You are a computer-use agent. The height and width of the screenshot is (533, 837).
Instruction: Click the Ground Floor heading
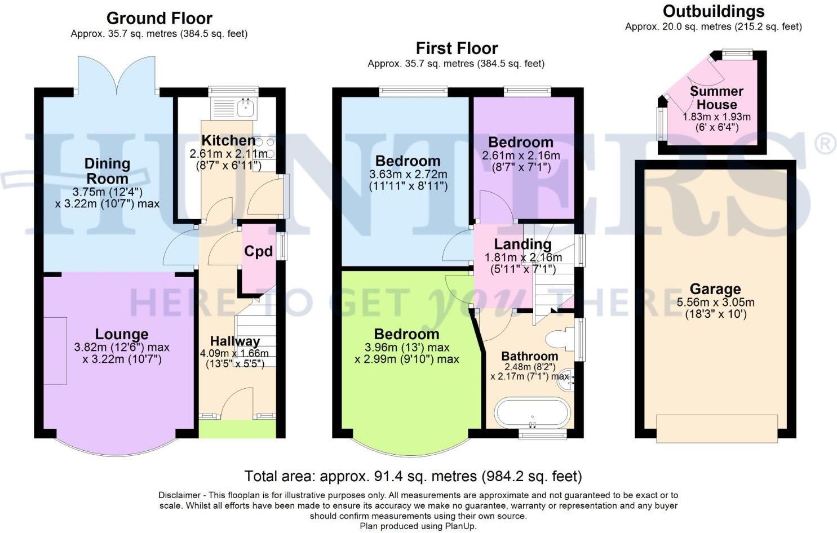pyautogui.click(x=159, y=19)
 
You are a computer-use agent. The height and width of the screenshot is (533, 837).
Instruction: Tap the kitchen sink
pyautogui.click(x=245, y=107)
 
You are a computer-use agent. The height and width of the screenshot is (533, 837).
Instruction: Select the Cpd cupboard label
pyautogui.click(x=258, y=251)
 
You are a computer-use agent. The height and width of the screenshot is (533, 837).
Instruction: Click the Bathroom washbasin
pyautogui.click(x=564, y=379)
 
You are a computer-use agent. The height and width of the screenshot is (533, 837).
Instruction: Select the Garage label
pyautogui.click(x=715, y=289)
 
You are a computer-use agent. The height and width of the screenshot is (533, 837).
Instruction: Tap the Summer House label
pyautogui.click(x=716, y=98)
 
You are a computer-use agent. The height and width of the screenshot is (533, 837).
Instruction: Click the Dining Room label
pyautogui.click(x=107, y=171)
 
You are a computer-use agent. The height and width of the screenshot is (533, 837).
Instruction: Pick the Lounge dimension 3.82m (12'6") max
pyautogui.click(x=122, y=347)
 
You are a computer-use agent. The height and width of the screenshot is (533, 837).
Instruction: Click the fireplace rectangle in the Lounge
pyautogui.click(x=55, y=350)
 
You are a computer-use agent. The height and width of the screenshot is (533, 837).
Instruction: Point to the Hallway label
pyautogui.click(x=235, y=341)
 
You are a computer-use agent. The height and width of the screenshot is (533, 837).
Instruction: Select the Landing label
pyautogui.click(x=522, y=244)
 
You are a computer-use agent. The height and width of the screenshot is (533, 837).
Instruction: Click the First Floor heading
pyautogui.click(x=457, y=48)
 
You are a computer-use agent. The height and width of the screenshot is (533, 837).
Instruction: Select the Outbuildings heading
pyautogui.click(x=713, y=11)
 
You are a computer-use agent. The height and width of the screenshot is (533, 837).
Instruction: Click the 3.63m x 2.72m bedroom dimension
pyautogui.click(x=408, y=174)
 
